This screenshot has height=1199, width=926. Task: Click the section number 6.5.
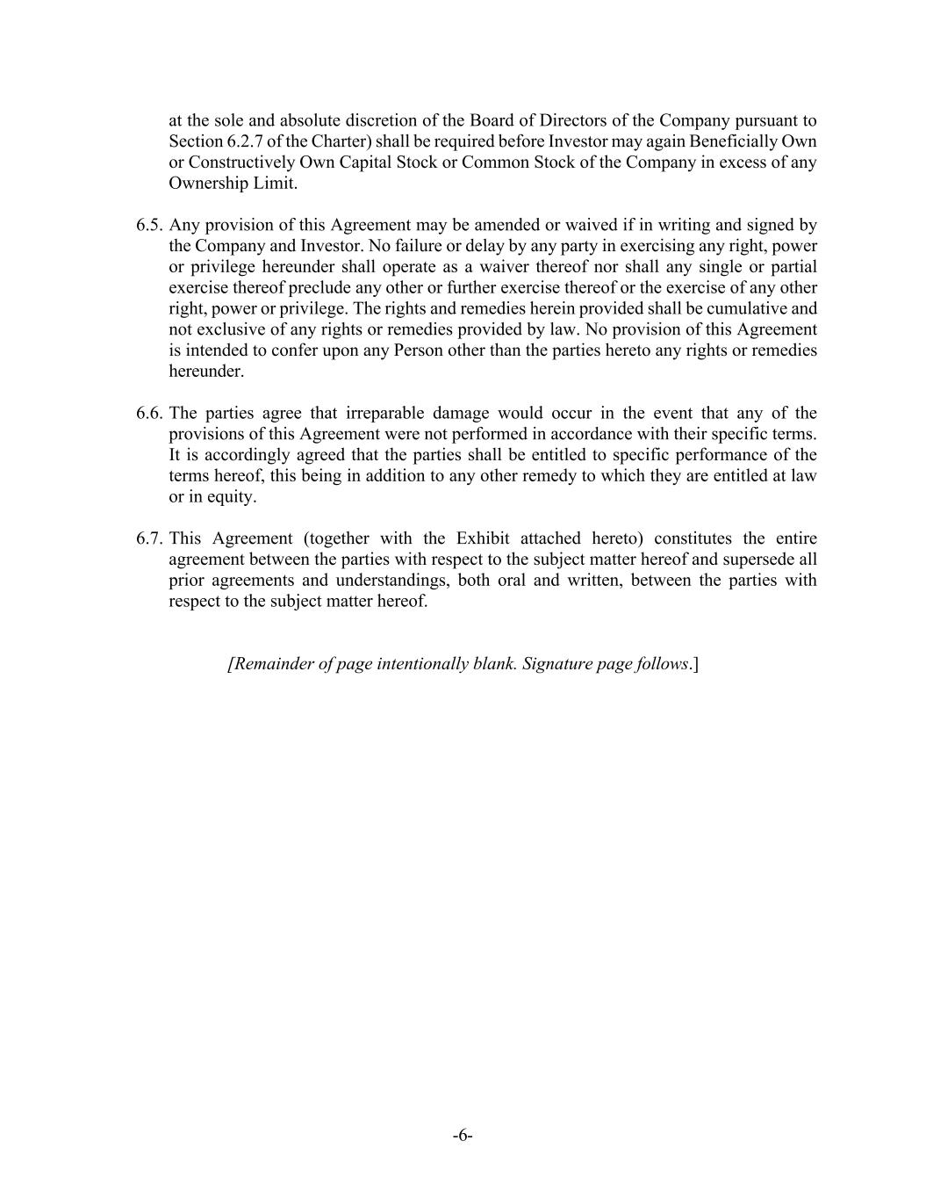pos(149,226)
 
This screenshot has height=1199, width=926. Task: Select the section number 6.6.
pos(149,414)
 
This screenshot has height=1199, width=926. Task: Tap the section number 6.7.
pos(149,539)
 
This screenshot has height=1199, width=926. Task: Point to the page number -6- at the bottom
pos(463,1136)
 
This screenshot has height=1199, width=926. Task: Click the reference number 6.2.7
pos(240,142)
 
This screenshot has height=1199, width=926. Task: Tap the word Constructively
pos(241,163)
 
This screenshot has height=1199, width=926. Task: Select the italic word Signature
pos(562,664)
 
